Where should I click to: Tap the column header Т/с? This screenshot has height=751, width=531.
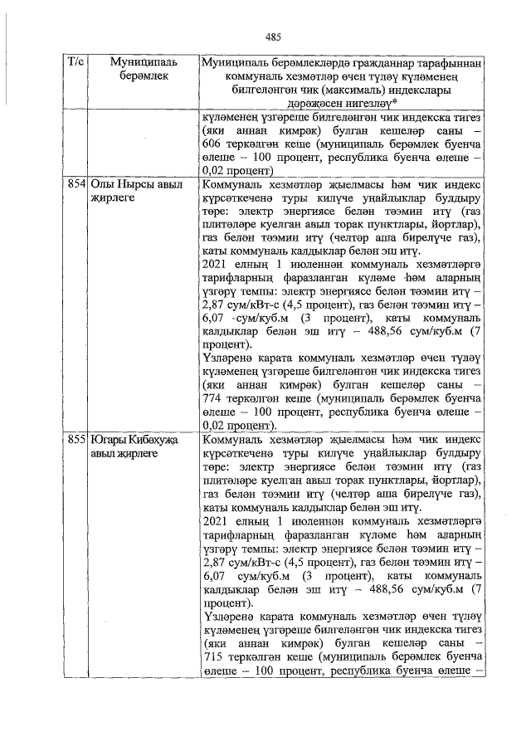(x=76, y=62)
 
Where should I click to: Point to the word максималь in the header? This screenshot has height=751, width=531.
(x=354, y=90)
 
